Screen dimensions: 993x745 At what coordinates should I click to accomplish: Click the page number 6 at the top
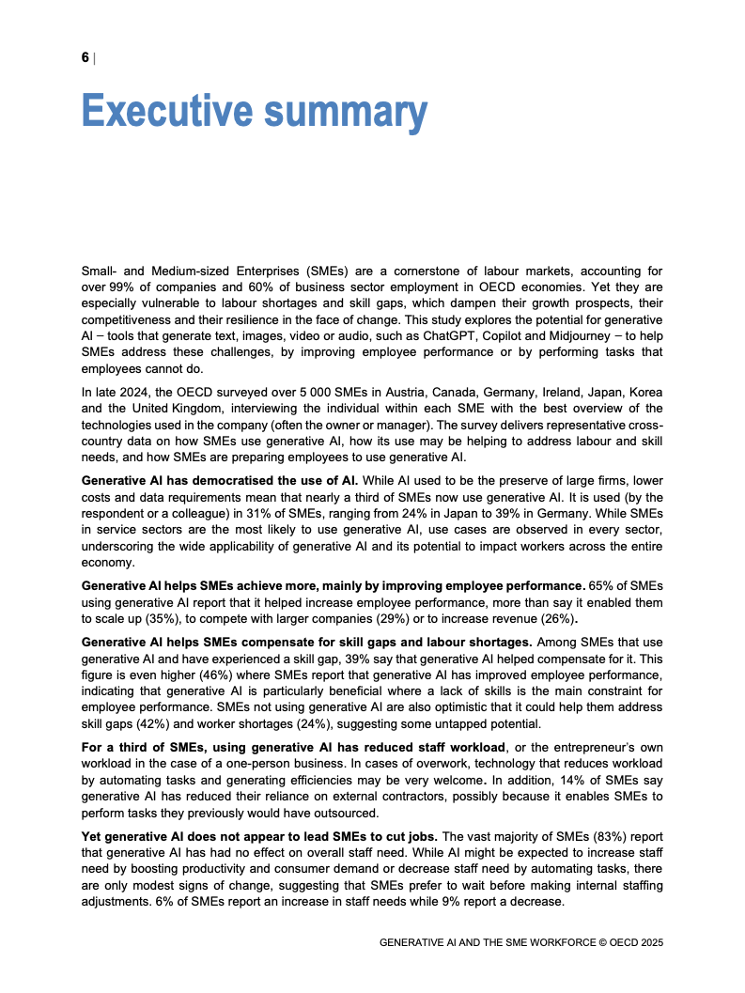click(x=85, y=58)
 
